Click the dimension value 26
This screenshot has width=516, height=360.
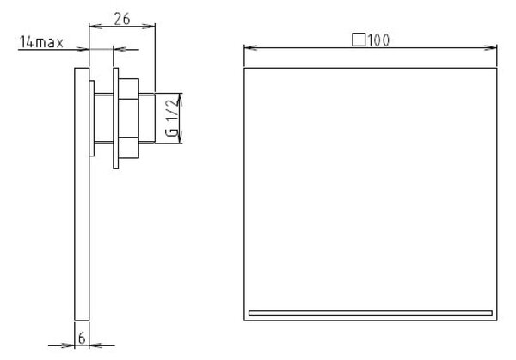click(x=122, y=19)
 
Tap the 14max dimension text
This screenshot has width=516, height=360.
click(x=41, y=42)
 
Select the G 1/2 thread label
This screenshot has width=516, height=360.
click(x=172, y=118)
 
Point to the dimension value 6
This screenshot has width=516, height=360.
click(x=82, y=338)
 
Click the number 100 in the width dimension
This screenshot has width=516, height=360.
click(x=378, y=40)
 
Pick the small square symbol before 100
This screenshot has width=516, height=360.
click(x=359, y=40)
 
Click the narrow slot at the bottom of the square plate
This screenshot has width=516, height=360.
click(x=371, y=313)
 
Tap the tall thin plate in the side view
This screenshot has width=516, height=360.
click(x=82, y=194)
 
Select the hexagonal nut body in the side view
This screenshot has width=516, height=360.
click(x=129, y=119)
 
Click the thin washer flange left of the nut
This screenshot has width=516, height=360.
click(x=116, y=119)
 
